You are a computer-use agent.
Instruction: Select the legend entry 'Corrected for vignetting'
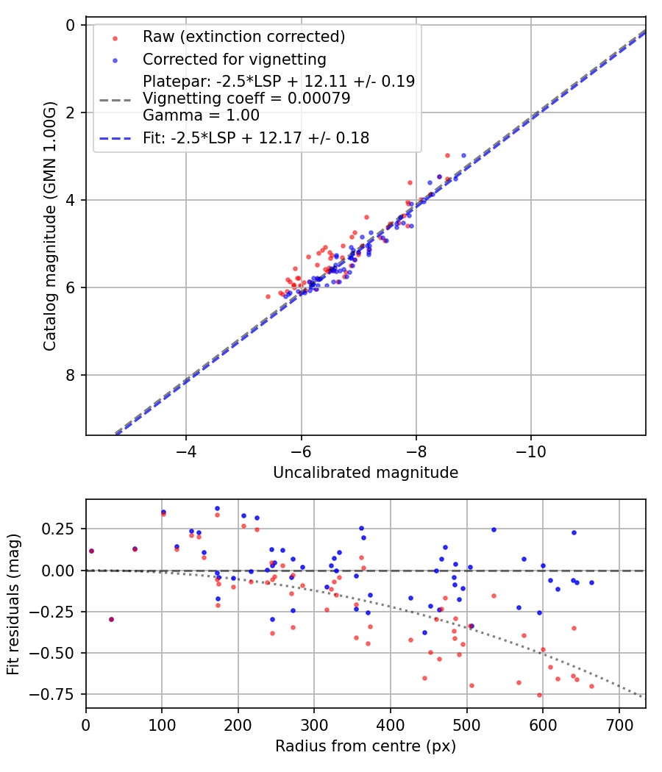tap(235, 59)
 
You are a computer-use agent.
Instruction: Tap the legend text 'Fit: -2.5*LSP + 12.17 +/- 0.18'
tap(256, 137)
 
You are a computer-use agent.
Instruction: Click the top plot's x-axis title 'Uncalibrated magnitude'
tap(366, 473)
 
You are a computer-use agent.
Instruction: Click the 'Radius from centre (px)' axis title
tap(366, 746)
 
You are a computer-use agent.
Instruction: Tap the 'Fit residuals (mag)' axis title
tap(13, 604)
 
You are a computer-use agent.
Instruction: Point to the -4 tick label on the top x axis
tap(186, 451)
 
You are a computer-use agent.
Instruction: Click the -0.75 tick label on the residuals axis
tap(58, 694)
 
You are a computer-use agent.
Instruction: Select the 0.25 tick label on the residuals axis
tap(61, 529)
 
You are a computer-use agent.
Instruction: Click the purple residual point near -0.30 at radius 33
tap(111, 619)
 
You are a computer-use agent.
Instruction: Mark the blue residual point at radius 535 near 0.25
tap(494, 529)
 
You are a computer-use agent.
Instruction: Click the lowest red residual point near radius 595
tap(539, 695)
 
